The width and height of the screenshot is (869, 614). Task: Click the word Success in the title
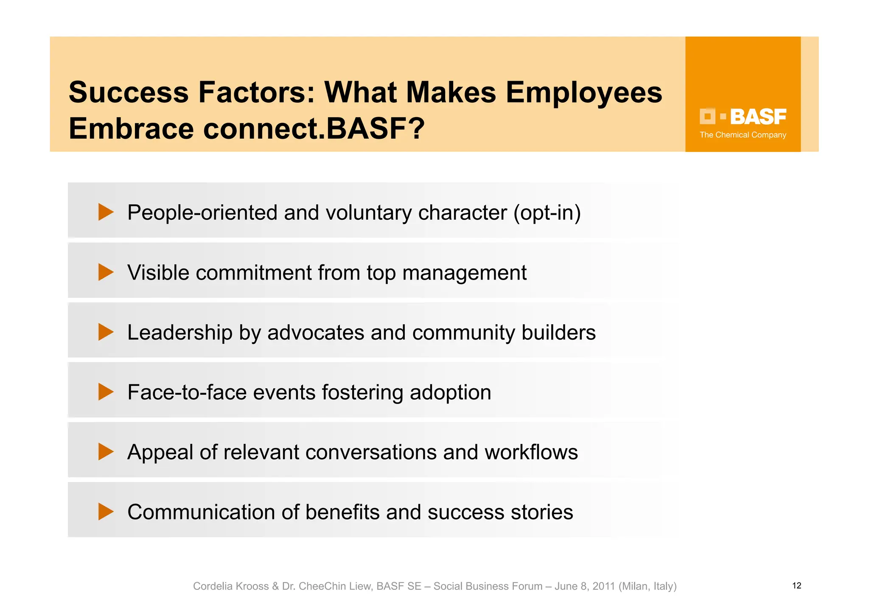tap(129, 93)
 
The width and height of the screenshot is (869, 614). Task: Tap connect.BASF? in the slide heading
tap(314, 129)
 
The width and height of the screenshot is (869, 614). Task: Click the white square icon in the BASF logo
tap(707, 116)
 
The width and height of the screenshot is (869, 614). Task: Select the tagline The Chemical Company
tap(743, 135)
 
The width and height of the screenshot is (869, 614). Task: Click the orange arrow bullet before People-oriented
tap(106, 212)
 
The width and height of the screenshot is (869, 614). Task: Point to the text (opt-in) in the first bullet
tap(547, 213)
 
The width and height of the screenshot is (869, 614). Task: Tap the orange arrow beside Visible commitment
tap(106, 272)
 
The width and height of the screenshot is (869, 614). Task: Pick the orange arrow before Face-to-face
tap(106, 392)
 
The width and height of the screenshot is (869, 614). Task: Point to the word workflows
tap(531, 452)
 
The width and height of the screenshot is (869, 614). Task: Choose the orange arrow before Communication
tap(106, 511)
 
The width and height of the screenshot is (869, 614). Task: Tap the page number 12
tap(796, 586)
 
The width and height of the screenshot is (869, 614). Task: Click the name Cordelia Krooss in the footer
tap(231, 586)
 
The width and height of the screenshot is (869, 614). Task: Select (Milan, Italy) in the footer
tap(648, 586)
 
